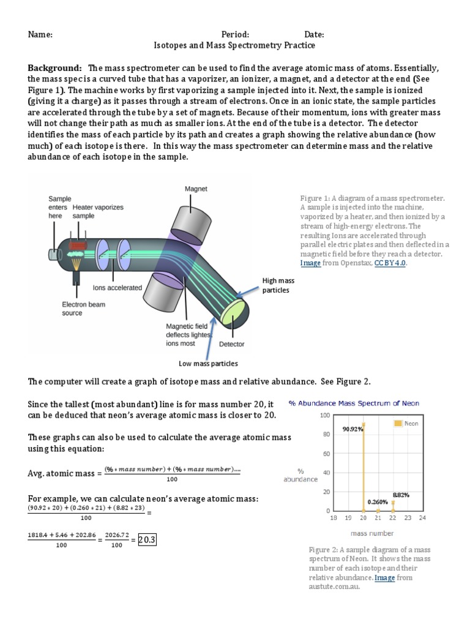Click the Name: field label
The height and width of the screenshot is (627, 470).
pyautogui.click(x=40, y=35)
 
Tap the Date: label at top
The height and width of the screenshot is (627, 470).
pyautogui.click(x=314, y=35)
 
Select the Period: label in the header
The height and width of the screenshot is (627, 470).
pyautogui.click(x=235, y=35)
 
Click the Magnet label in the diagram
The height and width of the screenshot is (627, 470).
pyautogui.click(x=196, y=189)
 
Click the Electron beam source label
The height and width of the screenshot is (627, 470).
pyautogui.click(x=83, y=309)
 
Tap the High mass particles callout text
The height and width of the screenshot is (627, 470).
pyautogui.click(x=278, y=285)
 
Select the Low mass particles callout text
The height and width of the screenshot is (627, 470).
pyautogui.click(x=207, y=364)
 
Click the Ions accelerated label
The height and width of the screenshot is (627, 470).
pyautogui.click(x=117, y=287)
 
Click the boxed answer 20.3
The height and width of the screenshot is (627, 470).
pyautogui.click(x=147, y=540)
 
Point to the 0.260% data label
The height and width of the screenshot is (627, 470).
pyautogui.click(x=378, y=502)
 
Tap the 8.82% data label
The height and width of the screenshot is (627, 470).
pyautogui.click(x=401, y=494)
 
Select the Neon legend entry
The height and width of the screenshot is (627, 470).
pyautogui.click(x=407, y=423)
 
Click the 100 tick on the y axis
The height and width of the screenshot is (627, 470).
pyautogui.click(x=325, y=415)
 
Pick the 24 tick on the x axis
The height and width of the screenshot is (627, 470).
pyautogui.click(x=422, y=517)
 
